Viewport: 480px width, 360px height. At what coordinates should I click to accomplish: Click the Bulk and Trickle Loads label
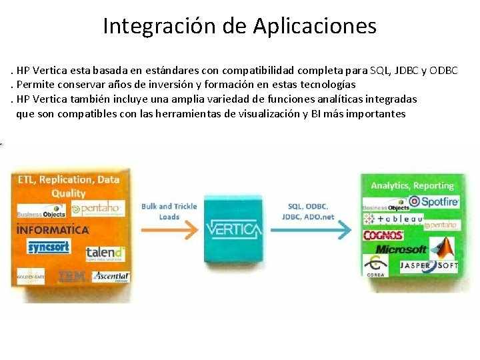pyautogui.click(x=169, y=211)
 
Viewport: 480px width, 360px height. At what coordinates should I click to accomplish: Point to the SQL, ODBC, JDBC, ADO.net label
pyautogui.click(x=308, y=211)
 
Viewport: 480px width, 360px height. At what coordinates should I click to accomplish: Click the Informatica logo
pyautogui.click(x=53, y=230)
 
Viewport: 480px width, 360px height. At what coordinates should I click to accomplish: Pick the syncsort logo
pyautogui.click(x=49, y=247)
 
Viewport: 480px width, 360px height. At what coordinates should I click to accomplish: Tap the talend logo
pyautogui.click(x=105, y=253)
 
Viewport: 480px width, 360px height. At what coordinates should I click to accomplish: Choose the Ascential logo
pyautogui.click(x=111, y=276)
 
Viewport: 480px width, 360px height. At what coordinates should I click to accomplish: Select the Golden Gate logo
pyautogui.click(x=29, y=276)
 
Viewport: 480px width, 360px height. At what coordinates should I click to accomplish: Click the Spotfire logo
pyautogui.click(x=433, y=201)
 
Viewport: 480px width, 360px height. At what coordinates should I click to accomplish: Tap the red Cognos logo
pyautogui.click(x=383, y=235)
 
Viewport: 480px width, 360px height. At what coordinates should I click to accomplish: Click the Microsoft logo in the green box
pyautogui.click(x=401, y=249)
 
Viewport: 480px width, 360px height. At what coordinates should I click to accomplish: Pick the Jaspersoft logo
pyautogui.click(x=429, y=265)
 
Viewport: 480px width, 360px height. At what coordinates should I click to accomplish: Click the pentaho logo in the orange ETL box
pyautogui.click(x=98, y=209)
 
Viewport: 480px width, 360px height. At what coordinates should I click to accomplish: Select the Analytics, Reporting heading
pyautogui.click(x=412, y=185)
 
